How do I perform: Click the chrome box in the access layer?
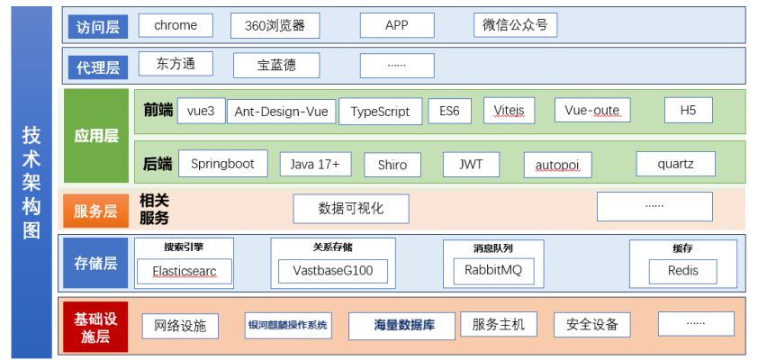[176, 25]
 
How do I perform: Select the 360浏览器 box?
[275, 25]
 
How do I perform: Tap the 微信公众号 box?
[515, 25]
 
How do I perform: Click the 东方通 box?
[176, 64]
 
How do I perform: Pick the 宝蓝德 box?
[276, 65]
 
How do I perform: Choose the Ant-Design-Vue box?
[281, 112]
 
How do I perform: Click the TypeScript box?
[380, 112]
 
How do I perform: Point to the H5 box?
[689, 111]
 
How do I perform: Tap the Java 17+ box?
[315, 165]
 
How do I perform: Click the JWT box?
[471, 165]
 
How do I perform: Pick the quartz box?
[675, 165]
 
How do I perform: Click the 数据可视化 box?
[351, 209]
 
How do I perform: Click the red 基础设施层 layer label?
[95, 325]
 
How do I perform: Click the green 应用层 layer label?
[96, 136]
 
